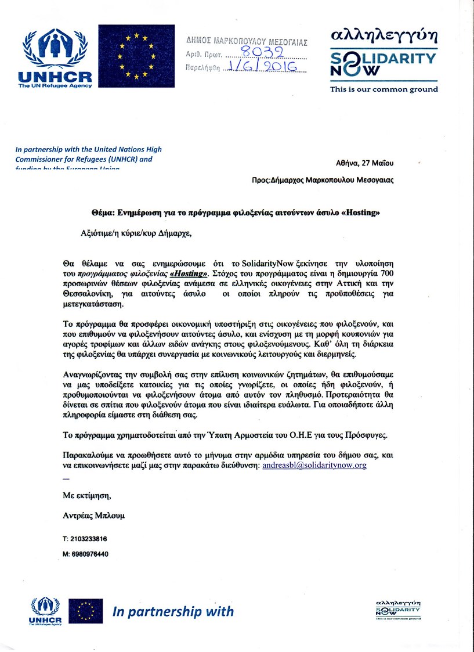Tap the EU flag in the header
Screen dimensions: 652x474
click(x=136, y=56)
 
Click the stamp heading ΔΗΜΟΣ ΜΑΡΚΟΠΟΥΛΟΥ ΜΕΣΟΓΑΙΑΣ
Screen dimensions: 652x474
click(x=247, y=42)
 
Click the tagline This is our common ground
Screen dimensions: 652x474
click(x=384, y=89)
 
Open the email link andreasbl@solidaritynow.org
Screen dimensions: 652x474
click(x=314, y=465)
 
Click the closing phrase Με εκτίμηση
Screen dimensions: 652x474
click(x=86, y=495)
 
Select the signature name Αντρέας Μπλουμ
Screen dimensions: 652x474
click(x=93, y=516)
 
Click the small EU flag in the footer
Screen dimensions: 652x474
click(x=86, y=611)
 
